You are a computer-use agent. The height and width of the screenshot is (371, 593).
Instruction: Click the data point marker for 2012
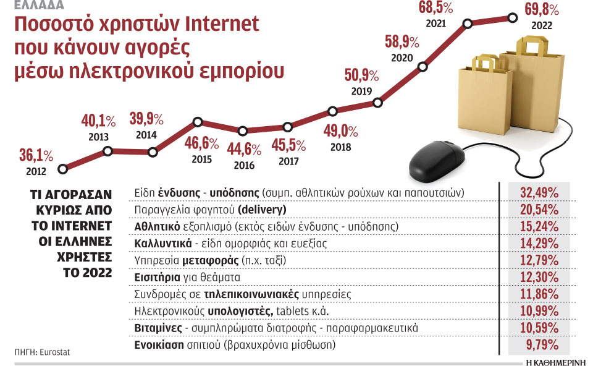click(x=62, y=168)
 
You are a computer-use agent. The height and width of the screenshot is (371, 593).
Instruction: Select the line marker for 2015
click(x=198, y=122)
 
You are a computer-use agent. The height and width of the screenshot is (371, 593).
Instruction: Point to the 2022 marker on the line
click(x=512, y=17)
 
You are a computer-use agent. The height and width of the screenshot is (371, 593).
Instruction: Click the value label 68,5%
click(x=435, y=9)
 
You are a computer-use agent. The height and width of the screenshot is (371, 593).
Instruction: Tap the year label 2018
click(x=340, y=147)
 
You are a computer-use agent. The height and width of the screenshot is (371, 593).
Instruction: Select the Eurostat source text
click(x=54, y=352)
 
